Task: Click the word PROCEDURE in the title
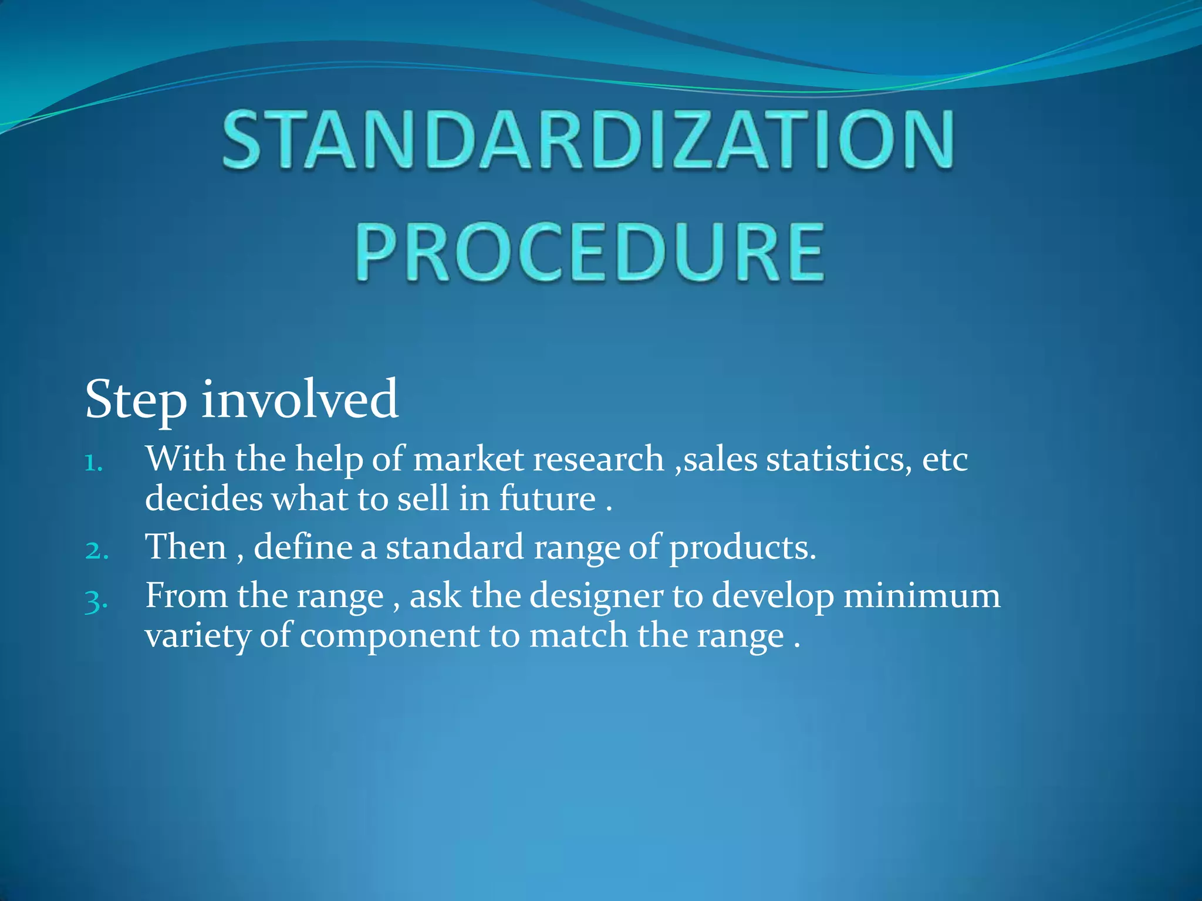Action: [590, 252]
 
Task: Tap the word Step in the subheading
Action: [136, 401]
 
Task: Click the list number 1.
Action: [93, 463]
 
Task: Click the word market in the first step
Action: [468, 459]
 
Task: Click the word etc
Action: [944, 459]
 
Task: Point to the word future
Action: [548, 499]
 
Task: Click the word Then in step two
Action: [186, 547]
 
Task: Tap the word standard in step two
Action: [454, 547]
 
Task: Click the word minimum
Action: [921, 596]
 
